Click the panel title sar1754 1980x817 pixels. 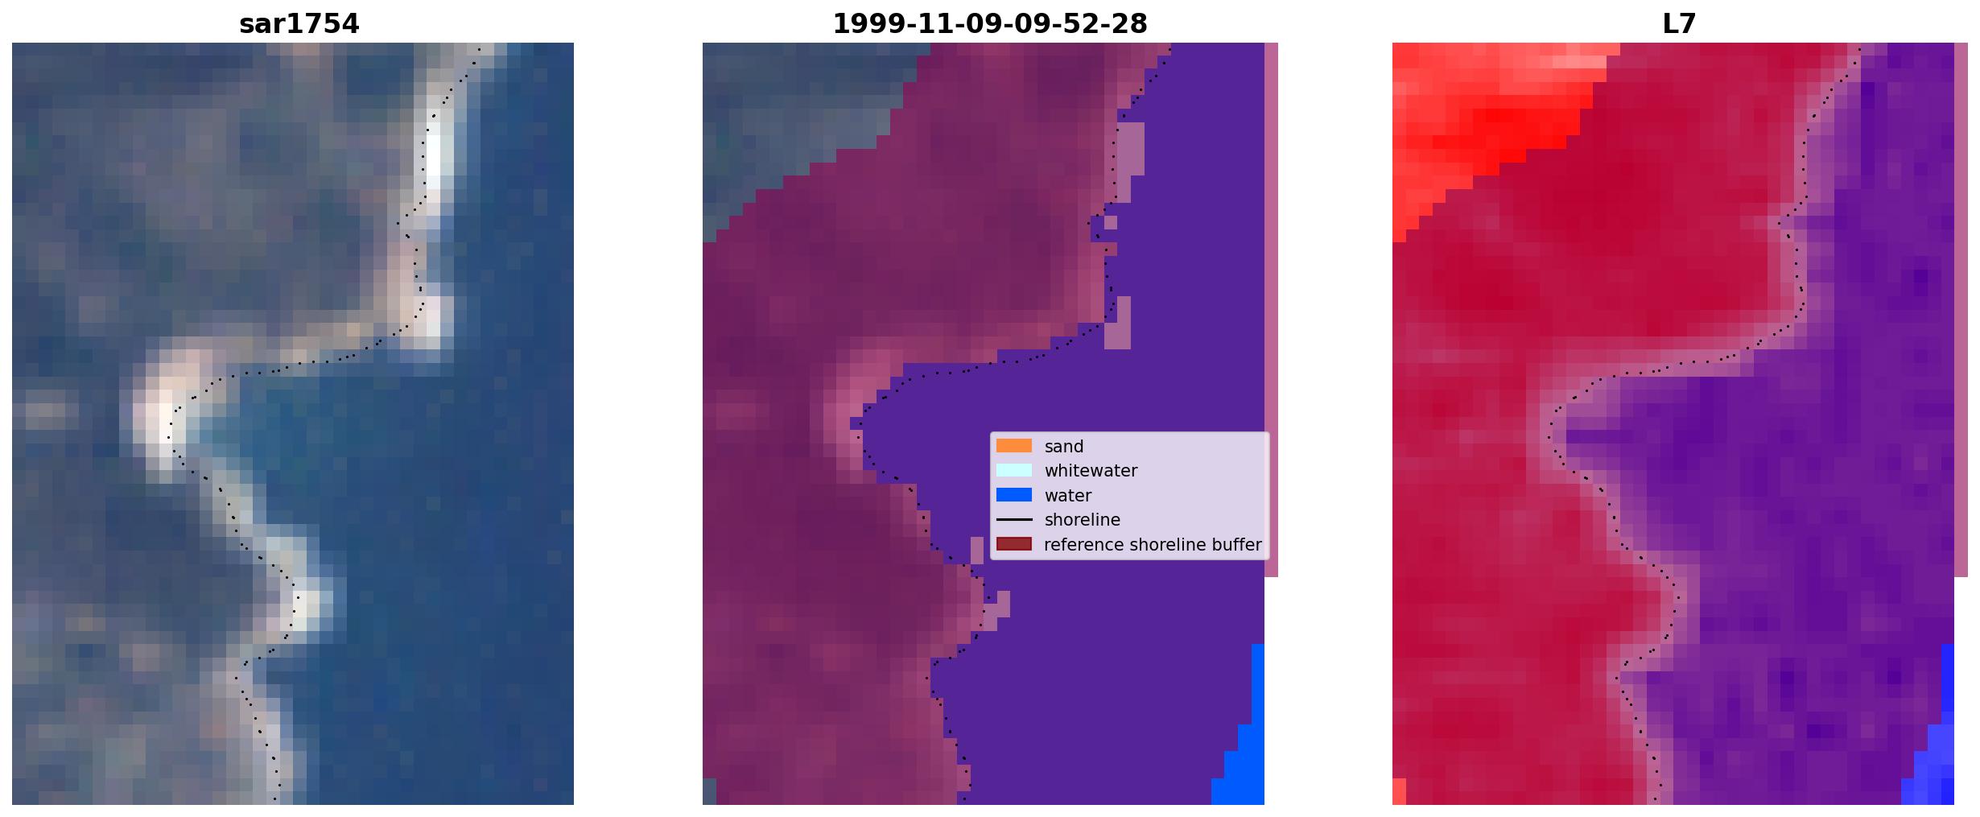[299, 23]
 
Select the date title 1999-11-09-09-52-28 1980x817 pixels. [989, 23]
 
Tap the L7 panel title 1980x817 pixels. [1679, 23]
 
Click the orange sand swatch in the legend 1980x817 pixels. [1013, 446]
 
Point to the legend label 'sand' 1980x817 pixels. [1063, 447]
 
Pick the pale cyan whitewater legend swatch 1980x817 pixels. [1013, 470]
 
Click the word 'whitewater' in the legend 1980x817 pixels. [1091, 471]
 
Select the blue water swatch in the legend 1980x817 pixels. [1013, 495]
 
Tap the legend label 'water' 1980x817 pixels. [1067, 496]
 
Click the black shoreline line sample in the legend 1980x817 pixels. [1013, 520]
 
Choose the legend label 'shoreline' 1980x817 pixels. [1082, 520]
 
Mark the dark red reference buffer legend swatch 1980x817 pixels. [1013, 544]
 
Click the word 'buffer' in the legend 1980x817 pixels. [1234, 545]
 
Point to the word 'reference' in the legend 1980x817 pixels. [1083, 545]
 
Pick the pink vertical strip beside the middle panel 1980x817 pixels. [1271, 310]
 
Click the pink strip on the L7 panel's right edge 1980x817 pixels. [1961, 310]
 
